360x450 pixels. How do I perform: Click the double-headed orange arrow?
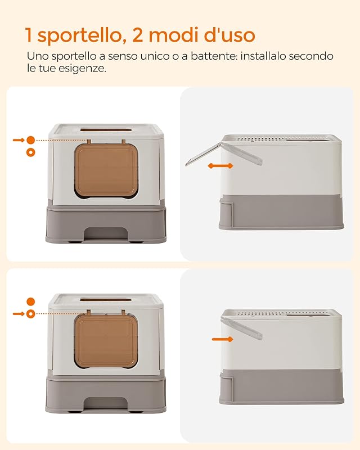tap(220, 166)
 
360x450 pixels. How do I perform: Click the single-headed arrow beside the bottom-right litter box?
tap(223, 339)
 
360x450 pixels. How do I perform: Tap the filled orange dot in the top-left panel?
tap(31, 140)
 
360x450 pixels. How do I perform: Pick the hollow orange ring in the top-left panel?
tap(31, 152)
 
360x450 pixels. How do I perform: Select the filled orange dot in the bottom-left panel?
tap(31, 301)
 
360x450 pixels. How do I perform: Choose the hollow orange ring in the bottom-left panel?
tap(31, 314)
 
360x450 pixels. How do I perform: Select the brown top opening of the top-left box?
tap(106, 130)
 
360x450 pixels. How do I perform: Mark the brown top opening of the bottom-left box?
tap(106, 300)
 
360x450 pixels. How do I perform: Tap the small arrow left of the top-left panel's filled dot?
tap(19, 140)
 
